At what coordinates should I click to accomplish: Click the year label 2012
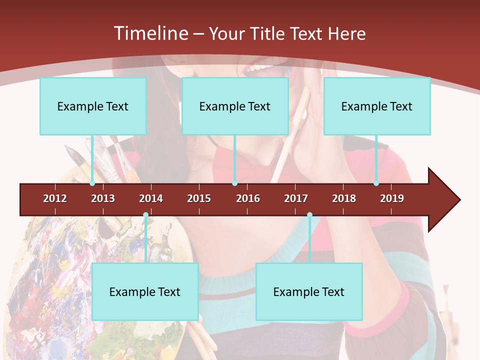55,198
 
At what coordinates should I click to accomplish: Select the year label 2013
103,198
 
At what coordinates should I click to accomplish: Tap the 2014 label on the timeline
151,198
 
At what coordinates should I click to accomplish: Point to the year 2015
199,198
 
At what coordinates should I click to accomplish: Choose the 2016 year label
248,198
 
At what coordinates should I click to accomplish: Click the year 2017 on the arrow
296,198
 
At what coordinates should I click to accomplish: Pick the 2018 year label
344,198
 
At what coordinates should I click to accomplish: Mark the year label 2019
392,198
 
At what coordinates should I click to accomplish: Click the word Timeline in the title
150,33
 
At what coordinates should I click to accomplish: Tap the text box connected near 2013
93,106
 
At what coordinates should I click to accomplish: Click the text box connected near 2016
235,106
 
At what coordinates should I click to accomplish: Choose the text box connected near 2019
377,106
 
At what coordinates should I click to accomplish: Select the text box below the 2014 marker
145,291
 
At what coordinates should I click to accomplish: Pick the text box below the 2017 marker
309,291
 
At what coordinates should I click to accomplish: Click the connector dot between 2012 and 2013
92,183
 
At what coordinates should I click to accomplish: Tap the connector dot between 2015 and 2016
234,183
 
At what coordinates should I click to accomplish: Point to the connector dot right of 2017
309,215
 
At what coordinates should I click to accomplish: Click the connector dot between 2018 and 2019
376,183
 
